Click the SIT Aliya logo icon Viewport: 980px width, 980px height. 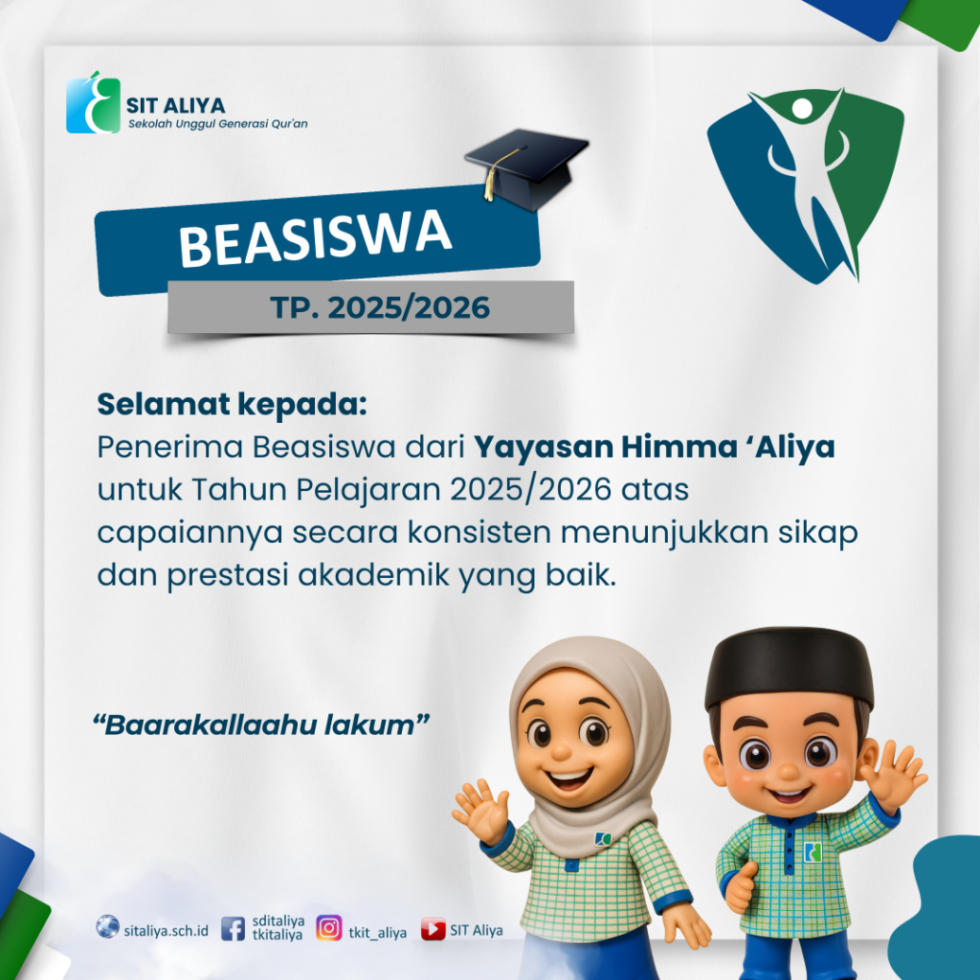click(93, 103)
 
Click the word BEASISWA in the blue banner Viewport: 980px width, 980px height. click(316, 238)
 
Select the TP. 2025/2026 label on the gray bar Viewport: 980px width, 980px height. click(380, 307)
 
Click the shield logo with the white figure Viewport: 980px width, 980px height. click(806, 186)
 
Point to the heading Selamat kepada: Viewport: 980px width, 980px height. click(232, 405)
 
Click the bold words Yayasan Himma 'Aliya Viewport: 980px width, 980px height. click(654, 448)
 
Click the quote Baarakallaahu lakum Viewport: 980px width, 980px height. click(261, 725)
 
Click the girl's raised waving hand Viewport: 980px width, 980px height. click(480, 810)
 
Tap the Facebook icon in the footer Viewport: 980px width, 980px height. click(233, 928)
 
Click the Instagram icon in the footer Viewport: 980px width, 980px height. click(329, 927)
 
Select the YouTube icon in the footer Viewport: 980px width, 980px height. click(434, 928)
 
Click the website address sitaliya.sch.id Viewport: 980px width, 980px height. click(167, 930)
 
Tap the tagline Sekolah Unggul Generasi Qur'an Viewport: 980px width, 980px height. click(218, 123)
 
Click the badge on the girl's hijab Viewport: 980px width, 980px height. click(603, 837)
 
